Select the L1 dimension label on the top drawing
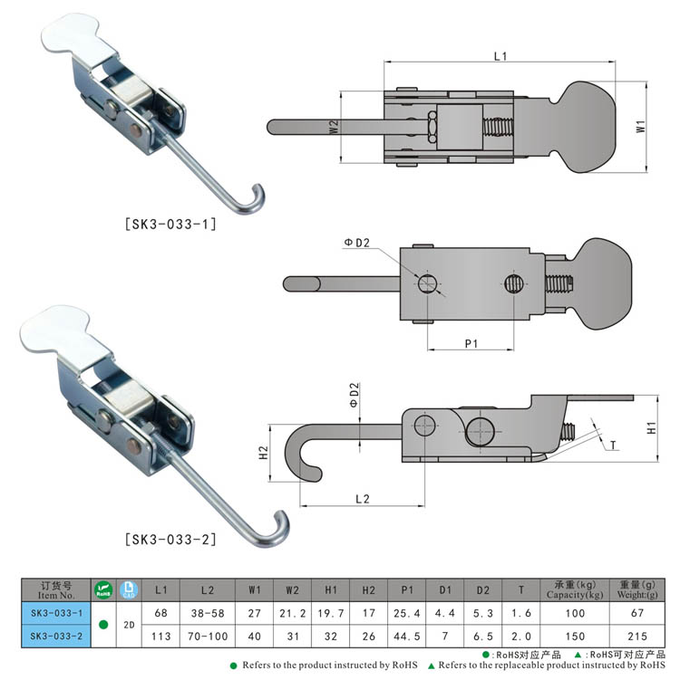point(500,56)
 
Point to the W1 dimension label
point(640,129)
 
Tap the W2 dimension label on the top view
point(334,128)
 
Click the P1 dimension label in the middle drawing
point(471,342)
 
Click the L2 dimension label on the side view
point(363,498)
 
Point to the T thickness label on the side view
point(614,445)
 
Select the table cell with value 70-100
point(208,636)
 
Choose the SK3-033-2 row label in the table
point(55,636)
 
